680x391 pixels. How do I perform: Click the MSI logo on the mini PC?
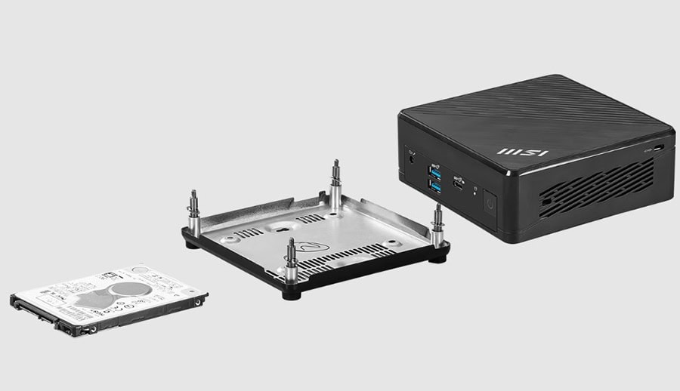(x=523, y=152)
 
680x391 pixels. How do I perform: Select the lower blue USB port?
(x=436, y=185)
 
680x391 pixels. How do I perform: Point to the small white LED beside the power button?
(x=474, y=192)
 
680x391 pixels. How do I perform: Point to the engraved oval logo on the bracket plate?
(x=307, y=245)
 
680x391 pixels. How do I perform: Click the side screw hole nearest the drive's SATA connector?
(x=73, y=326)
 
